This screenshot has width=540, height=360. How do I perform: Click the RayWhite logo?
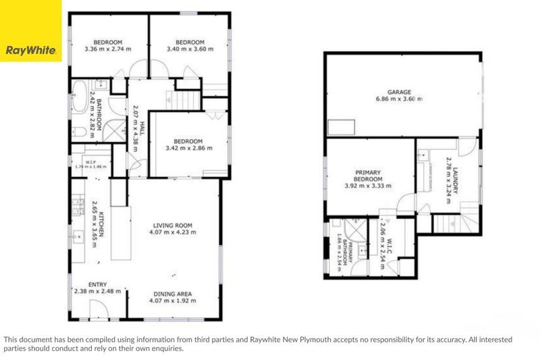coord(30,31)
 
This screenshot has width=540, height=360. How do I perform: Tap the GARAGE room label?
coord(399,92)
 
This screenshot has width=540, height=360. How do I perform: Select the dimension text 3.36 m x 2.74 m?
coord(107,49)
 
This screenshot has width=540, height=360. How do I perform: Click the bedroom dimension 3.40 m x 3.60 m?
coord(190,49)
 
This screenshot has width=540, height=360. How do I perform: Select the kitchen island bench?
coord(121,233)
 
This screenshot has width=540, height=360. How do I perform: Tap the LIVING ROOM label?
coord(172,226)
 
